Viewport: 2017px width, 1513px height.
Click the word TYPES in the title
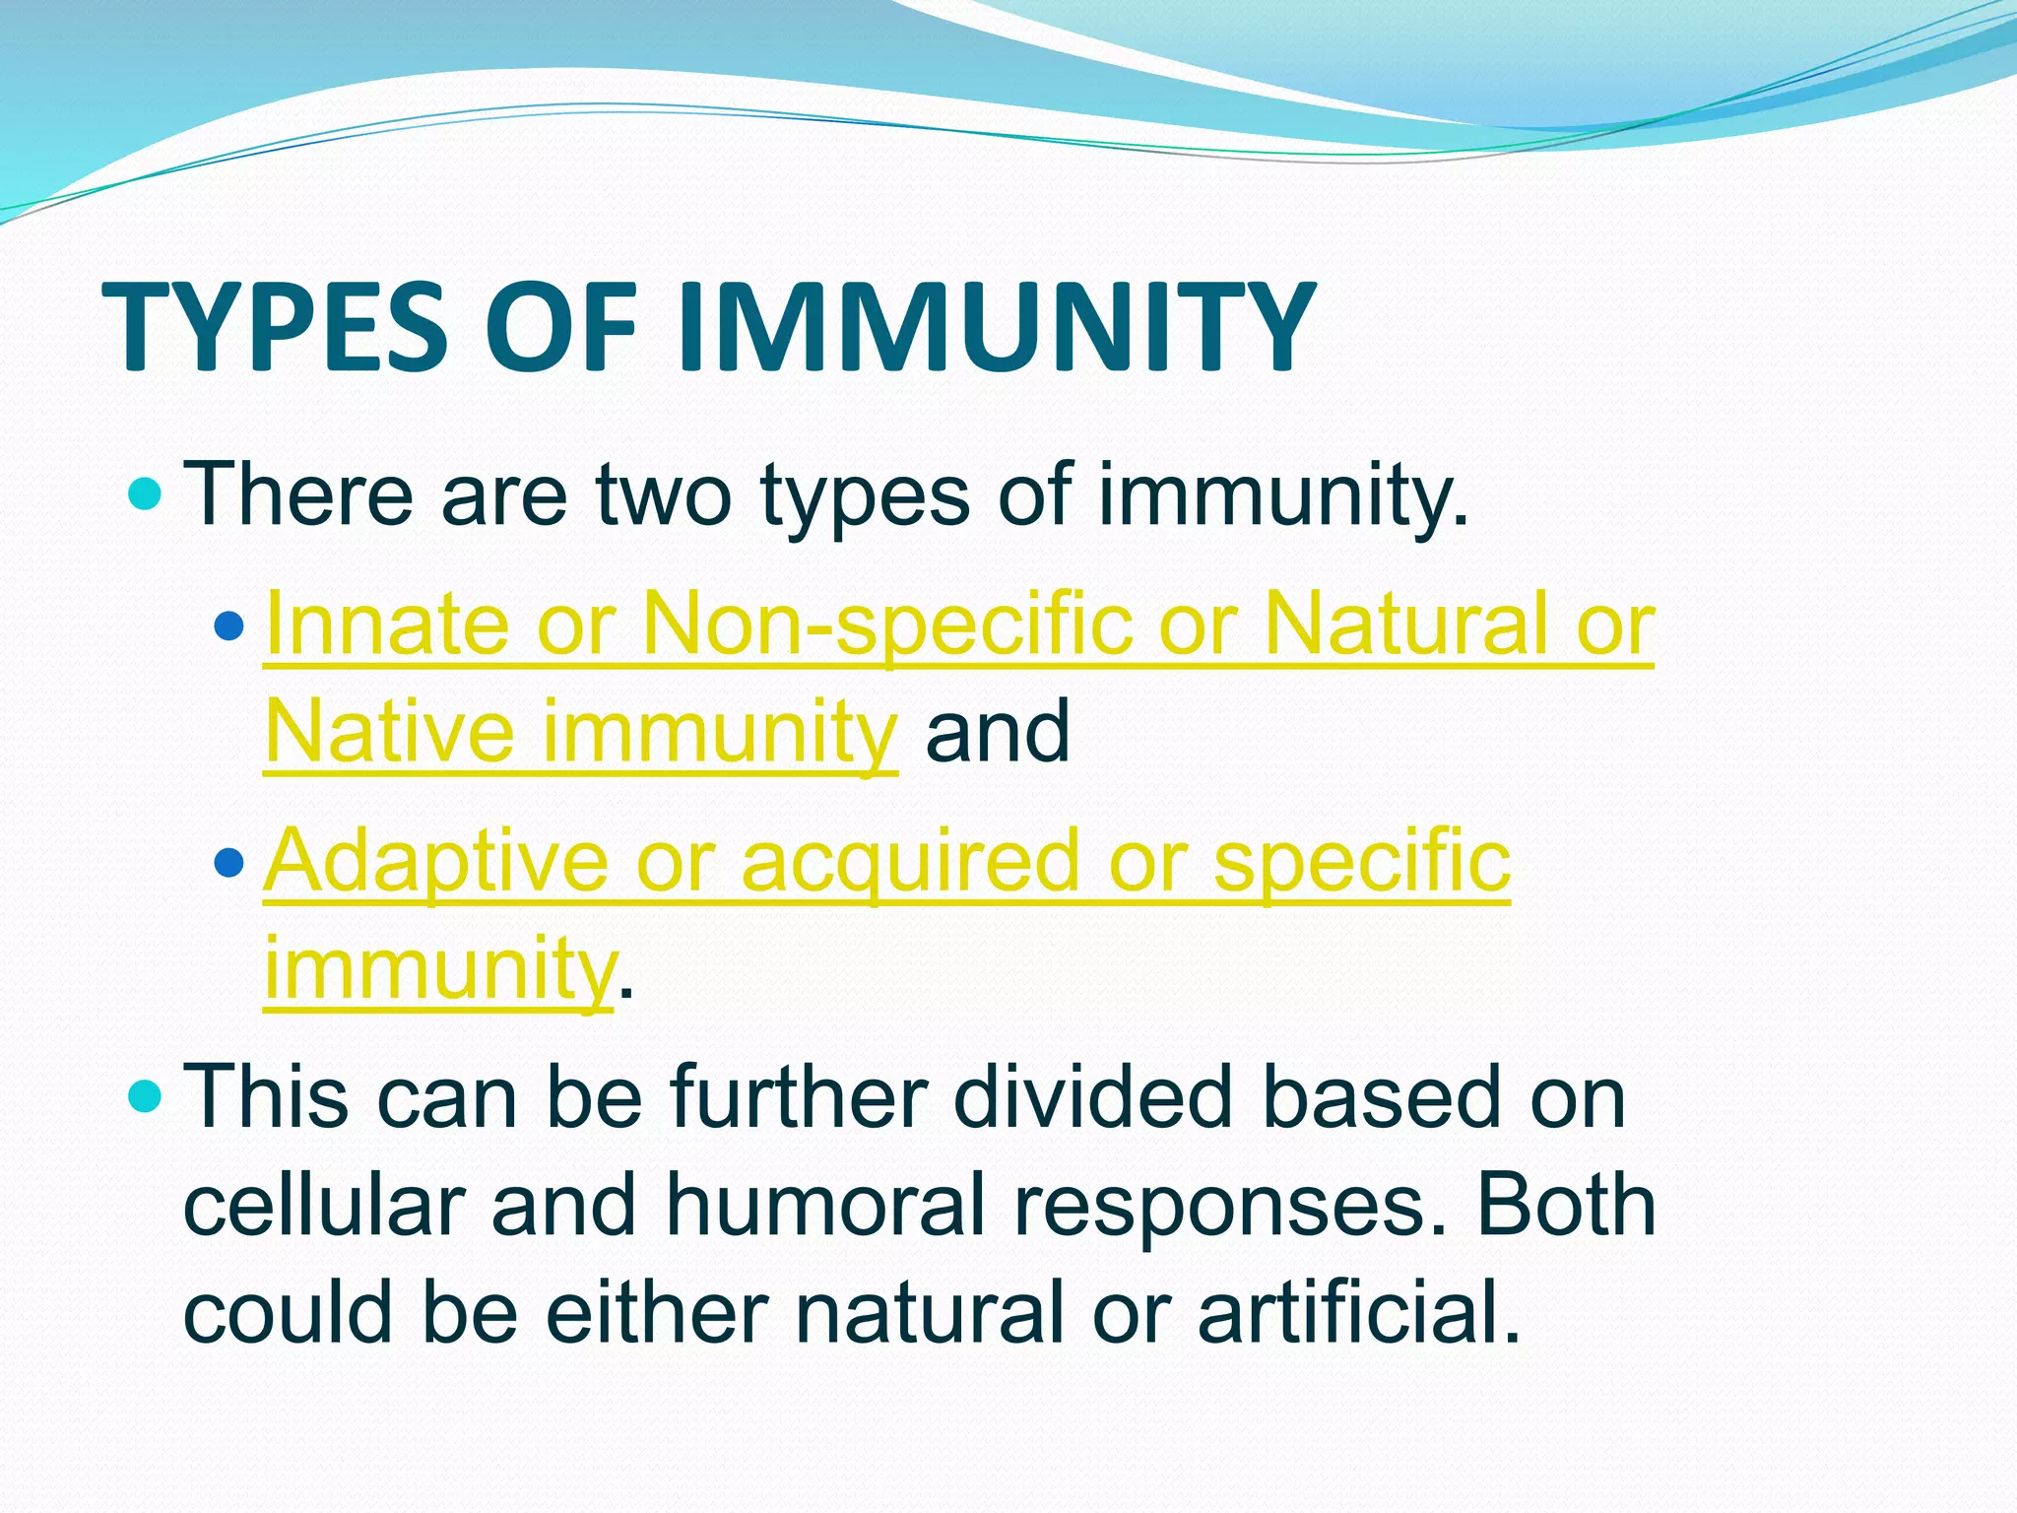(x=275, y=327)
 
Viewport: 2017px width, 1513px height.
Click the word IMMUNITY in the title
(x=995, y=327)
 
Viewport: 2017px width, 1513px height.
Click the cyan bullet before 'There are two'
(x=145, y=493)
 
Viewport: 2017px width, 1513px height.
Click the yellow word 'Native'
(x=390, y=731)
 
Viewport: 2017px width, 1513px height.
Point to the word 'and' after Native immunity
(x=997, y=731)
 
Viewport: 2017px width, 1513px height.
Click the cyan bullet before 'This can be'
(x=145, y=1096)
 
